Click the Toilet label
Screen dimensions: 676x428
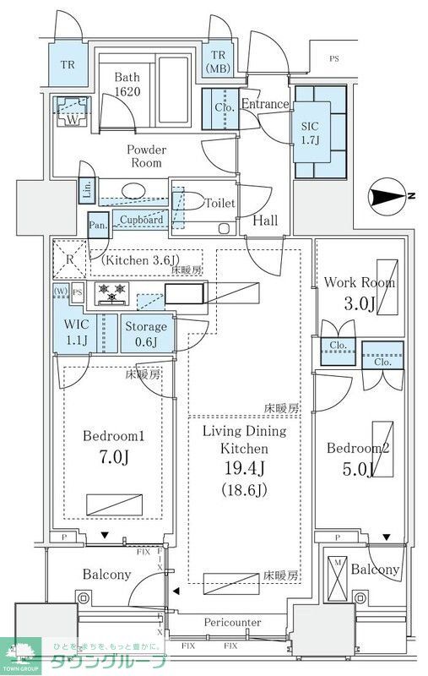point(219,204)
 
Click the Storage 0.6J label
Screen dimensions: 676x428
point(146,334)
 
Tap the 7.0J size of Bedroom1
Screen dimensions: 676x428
point(112,459)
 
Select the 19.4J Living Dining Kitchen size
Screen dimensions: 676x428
point(244,469)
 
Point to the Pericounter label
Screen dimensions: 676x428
point(232,623)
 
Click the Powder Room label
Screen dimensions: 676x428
point(146,156)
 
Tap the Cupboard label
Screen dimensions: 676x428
point(141,220)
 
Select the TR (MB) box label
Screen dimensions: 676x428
point(218,61)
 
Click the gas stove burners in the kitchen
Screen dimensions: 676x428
point(114,295)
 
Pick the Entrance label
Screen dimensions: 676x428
point(265,104)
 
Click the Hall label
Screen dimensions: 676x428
point(266,221)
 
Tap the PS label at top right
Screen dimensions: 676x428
point(336,60)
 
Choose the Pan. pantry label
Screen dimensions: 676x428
point(98,226)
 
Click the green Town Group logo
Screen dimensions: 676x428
point(20,655)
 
